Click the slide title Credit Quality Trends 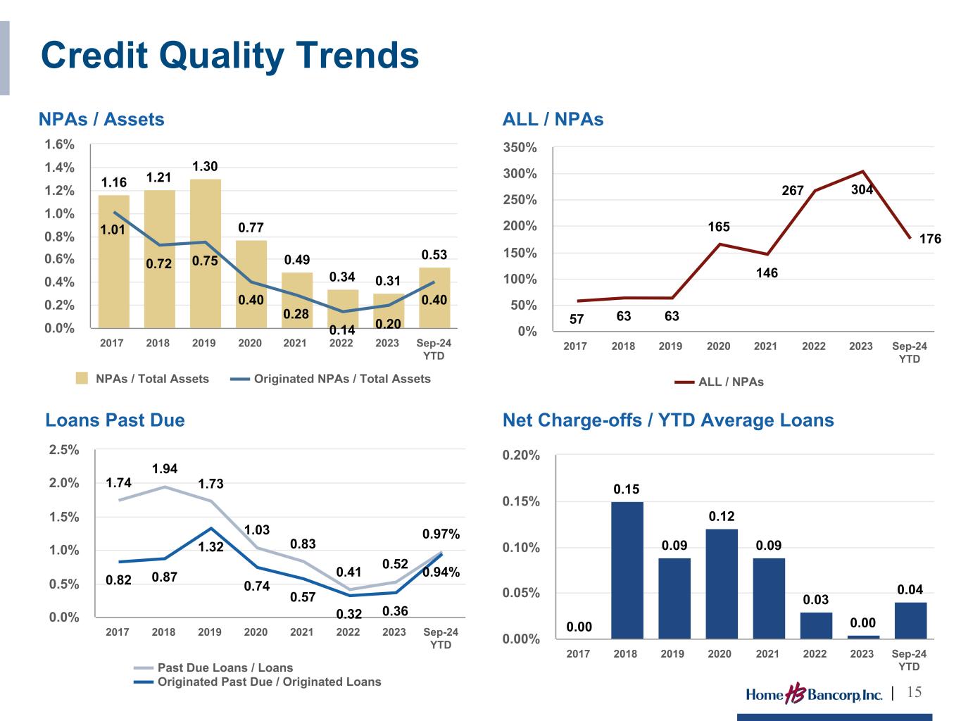(230, 55)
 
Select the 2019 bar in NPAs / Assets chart (205, 253)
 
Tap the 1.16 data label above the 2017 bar (114, 183)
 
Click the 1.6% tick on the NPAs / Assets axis (59, 144)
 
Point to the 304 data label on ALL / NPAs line (862, 189)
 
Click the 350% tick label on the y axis (522, 148)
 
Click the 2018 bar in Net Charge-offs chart (627, 570)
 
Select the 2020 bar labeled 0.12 (721, 584)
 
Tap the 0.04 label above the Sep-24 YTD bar (910, 589)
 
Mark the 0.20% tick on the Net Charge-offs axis (522, 456)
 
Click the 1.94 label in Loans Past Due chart (165, 468)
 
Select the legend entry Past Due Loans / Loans (225, 667)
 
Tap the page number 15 (914, 692)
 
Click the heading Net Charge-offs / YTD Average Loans (668, 420)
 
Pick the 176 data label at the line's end (930, 239)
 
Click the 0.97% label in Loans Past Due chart (441, 534)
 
